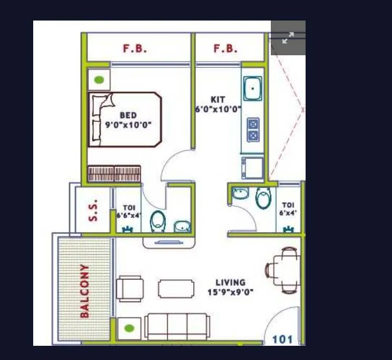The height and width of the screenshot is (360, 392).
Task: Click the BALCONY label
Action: pyautogui.click(x=84, y=291)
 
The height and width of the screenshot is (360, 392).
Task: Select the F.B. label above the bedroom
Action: pyautogui.click(x=135, y=49)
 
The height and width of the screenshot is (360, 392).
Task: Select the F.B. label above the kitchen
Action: pyautogui.click(x=225, y=49)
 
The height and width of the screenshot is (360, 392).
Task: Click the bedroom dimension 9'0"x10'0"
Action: pyautogui.click(x=128, y=125)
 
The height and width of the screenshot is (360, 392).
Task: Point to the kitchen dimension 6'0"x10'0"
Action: pyautogui.click(x=218, y=109)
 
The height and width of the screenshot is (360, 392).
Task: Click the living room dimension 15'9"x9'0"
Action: pyautogui.click(x=231, y=292)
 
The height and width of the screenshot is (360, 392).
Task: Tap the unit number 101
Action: pyautogui.click(x=282, y=339)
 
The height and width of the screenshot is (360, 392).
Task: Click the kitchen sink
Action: pyautogui.click(x=252, y=88)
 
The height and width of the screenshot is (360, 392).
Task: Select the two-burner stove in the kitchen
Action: pyautogui.click(x=253, y=129)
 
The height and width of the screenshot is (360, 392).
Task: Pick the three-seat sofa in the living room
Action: pyautogui.click(x=177, y=327)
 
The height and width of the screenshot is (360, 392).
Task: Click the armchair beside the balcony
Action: pyautogui.click(x=130, y=288)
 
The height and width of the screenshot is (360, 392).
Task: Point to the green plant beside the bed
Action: pyautogui.click(x=99, y=81)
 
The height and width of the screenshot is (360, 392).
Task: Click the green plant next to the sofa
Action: pyautogui.click(x=129, y=329)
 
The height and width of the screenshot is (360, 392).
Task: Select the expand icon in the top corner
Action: pyautogui.click(x=288, y=38)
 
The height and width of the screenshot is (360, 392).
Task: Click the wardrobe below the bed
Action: pyautogui.click(x=114, y=174)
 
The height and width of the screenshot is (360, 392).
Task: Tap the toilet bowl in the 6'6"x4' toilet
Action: pyautogui.click(x=158, y=222)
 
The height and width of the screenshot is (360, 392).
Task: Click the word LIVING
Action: pyautogui.click(x=230, y=283)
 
